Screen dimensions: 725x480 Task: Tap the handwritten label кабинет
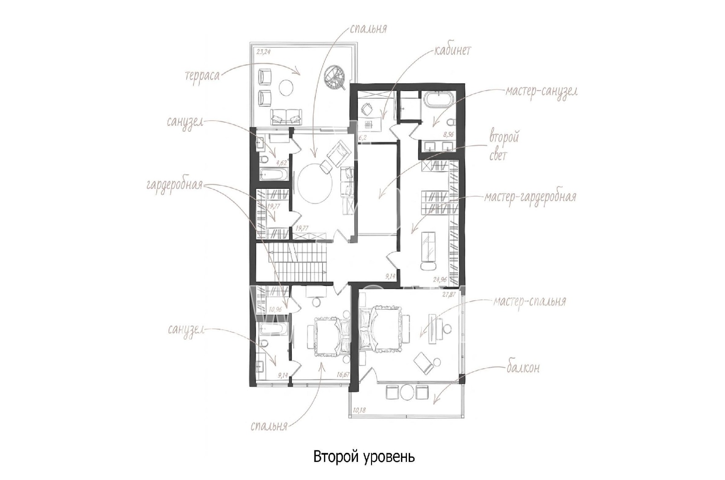tap(453, 50)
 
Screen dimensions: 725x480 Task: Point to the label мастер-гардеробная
tap(530, 197)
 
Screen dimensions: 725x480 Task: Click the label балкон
tap(523, 368)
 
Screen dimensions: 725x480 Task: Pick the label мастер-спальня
tap(530, 302)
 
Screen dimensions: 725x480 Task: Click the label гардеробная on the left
tap(174, 186)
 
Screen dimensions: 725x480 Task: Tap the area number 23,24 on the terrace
tap(263, 52)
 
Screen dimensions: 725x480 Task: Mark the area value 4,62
tap(281, 163)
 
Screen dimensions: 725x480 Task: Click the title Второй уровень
tap(364, 457)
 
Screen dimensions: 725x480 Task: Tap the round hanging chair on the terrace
tap(337, 77)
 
